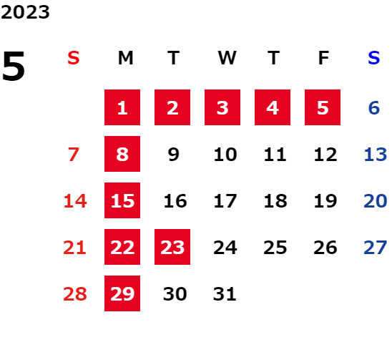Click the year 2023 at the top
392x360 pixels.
click(x=25, y=12)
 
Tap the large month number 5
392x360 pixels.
click(x=14, y=66)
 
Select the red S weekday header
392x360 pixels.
click(x=74, y=58)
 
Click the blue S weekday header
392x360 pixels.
click(x=374, y=58)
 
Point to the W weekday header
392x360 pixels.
click(x=227, y=58)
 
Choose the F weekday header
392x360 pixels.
click(x=324, y=58)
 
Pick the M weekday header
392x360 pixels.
click(x=125, y=58)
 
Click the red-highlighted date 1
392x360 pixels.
click(x=122, y=107)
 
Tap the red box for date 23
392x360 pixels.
click(x=172, y=247)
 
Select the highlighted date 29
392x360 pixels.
click(x=122, y=293)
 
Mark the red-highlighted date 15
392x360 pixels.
click(x=122, y=200)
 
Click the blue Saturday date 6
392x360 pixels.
click(x=374, y=108)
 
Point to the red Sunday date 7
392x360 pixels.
click(x=74, y=155)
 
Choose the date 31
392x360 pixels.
click(x=225, y=294)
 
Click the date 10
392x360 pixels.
click(x=225, y=155)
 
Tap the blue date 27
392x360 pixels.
click(x=376, y=248)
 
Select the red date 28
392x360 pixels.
click(x=75, y=294)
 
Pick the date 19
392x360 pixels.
click(x=325, y=201)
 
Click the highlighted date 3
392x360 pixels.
click(x=222, y=107)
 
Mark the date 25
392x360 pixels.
click(x=275, y=248)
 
